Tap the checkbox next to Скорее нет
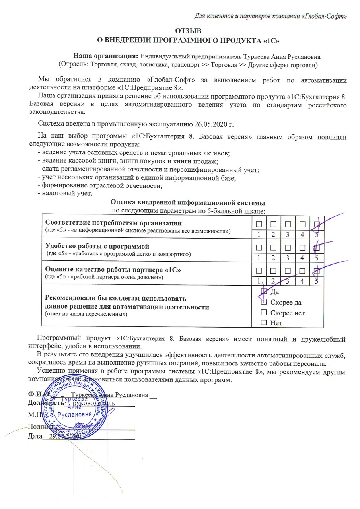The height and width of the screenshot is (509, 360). click(263, 313)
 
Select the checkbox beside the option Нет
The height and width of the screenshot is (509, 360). click(263, 323)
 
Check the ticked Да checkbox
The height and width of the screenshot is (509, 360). click(263, 292)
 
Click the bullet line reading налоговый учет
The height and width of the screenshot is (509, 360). click(64, 194)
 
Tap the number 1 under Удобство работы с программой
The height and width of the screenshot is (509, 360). click(259, 257)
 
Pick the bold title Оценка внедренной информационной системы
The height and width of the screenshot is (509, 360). click(188, 202)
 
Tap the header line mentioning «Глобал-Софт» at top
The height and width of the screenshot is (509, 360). click(272, 16)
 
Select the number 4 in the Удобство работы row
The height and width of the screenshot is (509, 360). click(302, 257)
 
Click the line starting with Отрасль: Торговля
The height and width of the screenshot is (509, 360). click(190, 64)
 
